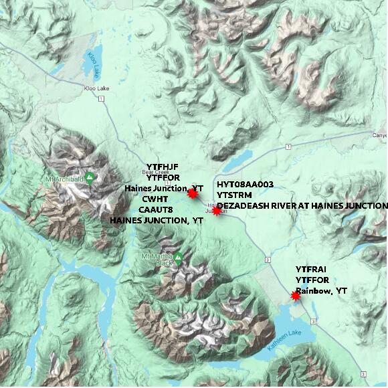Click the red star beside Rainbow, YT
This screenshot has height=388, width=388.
(296, 295)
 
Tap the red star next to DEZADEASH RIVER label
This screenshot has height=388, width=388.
(216, 210)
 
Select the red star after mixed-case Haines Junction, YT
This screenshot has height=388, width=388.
(193, 193)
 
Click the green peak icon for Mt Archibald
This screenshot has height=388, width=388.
(89, 177)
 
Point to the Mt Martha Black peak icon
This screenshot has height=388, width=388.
(179, 256)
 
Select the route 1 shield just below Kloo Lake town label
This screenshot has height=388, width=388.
(100, 99)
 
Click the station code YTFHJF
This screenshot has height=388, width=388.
(163, 167)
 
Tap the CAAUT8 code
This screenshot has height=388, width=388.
(156, 209)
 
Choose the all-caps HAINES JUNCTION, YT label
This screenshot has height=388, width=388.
(157, 220)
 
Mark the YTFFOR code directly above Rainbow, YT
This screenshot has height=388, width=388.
(312, 280)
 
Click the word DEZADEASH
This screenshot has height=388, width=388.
(240, 205)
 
